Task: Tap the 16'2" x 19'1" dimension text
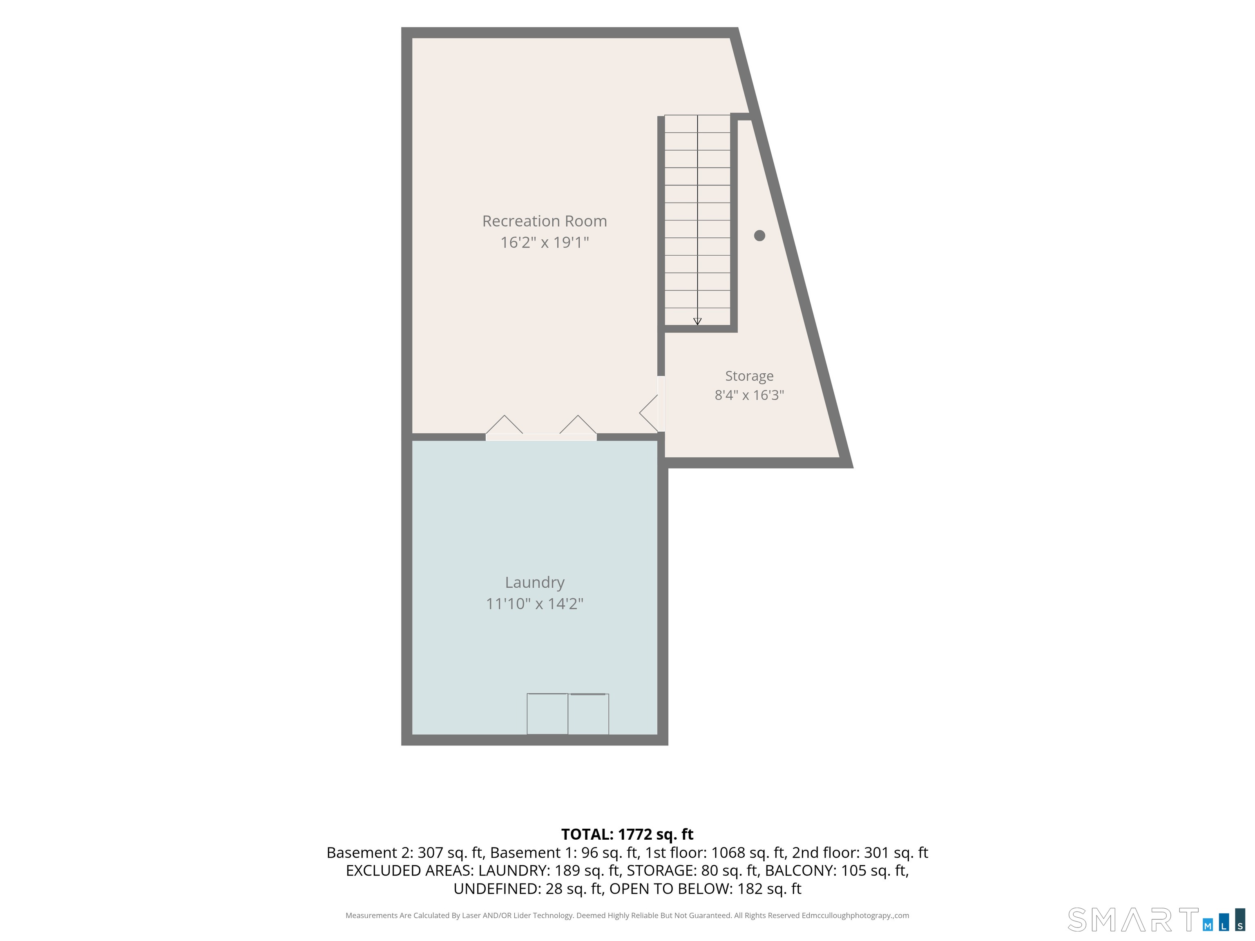pos(544,242)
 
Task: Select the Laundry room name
pos(534,582)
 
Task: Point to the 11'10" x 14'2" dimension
pos(534,604)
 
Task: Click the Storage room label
pos(749,376)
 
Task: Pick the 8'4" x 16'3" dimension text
pos(749,395)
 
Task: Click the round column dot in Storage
pos(760,235)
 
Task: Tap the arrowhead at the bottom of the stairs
pos(697,321)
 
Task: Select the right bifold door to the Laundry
pos(578,426)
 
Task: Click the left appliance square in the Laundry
pos(547,714)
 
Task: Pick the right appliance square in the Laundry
pos(588,714)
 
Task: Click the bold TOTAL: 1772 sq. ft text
pos(627,834)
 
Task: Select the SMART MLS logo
pos(1156,920)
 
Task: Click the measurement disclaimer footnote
pos(627,916)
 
